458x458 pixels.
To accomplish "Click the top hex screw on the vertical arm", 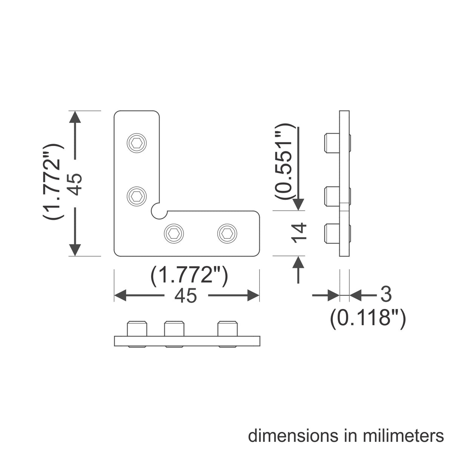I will tap(137, 143).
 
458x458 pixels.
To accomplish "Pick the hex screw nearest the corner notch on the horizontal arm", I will tap(174, 234).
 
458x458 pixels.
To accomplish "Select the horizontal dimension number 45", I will tap(186, 296).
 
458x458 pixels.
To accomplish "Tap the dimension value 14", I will tap(299, 233).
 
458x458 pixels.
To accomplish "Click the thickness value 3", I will tap(386, 295).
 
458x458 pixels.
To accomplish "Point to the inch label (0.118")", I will tap(368, 318).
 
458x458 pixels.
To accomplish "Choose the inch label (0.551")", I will tap(284, 161).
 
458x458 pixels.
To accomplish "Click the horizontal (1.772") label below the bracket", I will tap(189, 276).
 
